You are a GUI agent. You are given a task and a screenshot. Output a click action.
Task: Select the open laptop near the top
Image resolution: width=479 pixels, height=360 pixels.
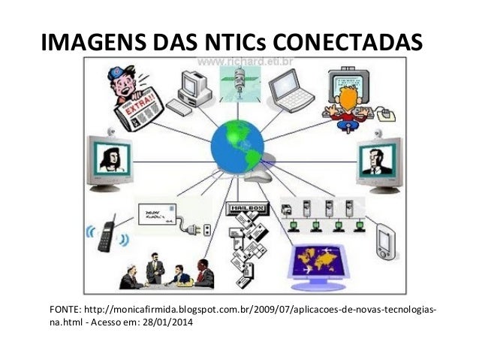click(289, 90)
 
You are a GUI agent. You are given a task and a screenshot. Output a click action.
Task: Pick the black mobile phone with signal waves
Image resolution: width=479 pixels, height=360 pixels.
click(105, 233)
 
